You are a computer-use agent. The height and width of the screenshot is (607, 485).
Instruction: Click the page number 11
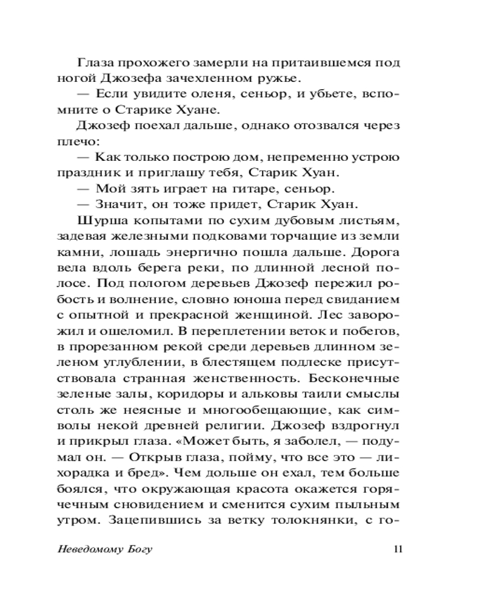[x=398, y=550]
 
